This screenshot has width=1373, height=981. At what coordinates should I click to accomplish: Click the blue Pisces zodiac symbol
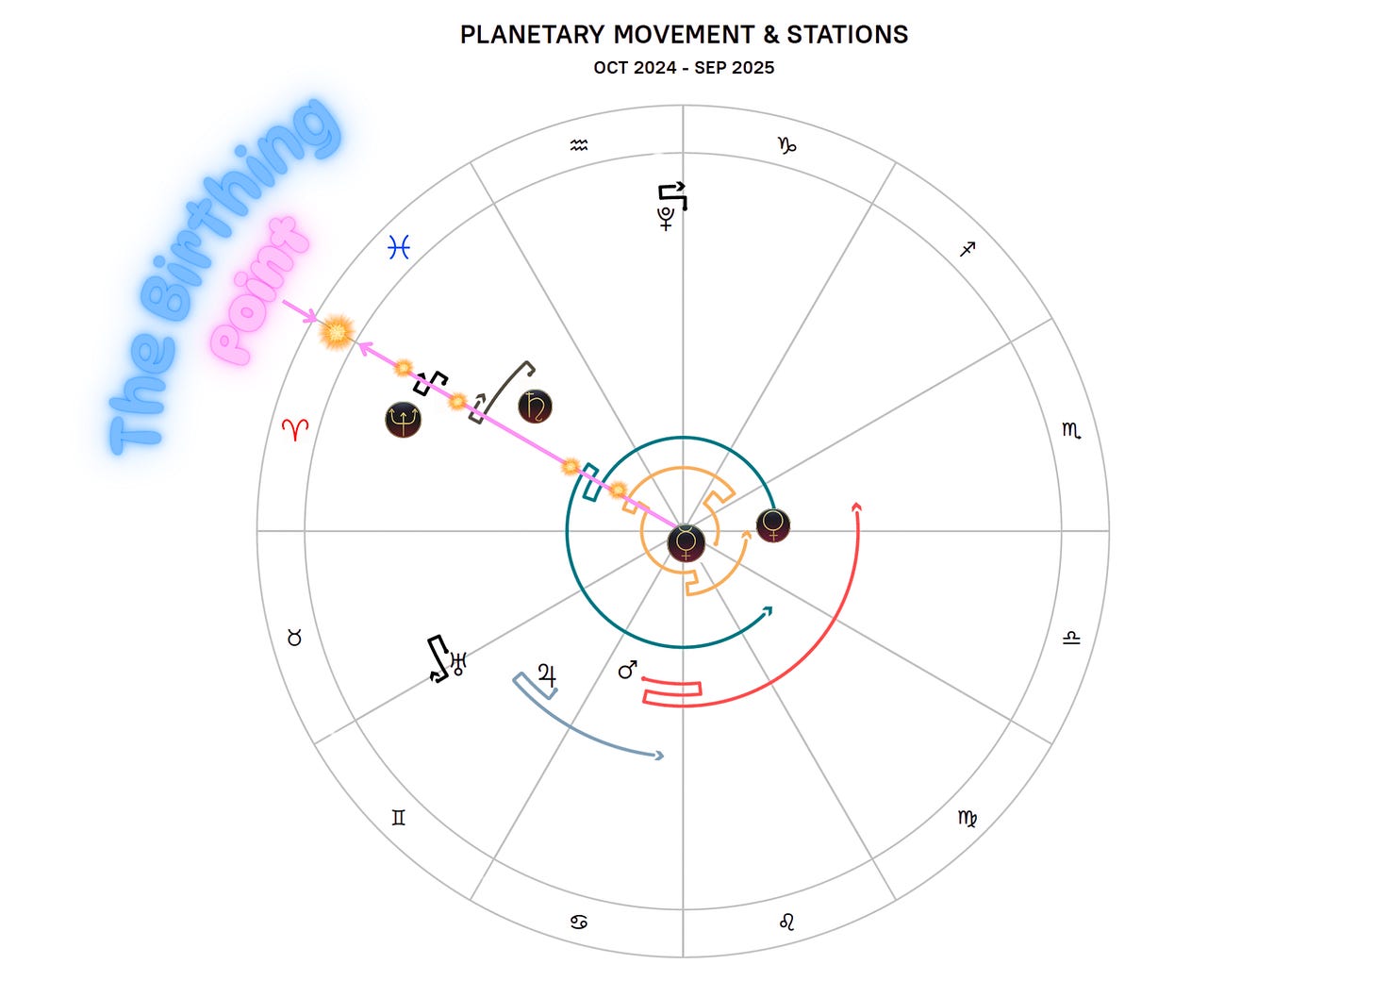(400, 247)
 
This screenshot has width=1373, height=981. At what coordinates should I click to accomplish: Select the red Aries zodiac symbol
(295, 429)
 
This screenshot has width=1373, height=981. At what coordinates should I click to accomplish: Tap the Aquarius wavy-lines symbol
(579, 145)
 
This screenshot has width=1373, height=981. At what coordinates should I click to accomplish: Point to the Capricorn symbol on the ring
(786, 145)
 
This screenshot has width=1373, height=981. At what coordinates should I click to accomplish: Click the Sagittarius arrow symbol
(968, 249)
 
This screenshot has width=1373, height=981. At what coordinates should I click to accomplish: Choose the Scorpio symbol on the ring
(1071, 430)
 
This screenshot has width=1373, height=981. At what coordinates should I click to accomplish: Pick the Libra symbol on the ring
(1071, 639)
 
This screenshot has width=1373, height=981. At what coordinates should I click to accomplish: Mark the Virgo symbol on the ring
(968, 818)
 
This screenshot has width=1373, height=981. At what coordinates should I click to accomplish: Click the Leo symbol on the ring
(787, 922)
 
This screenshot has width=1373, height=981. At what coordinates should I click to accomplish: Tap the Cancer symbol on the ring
(579, 922)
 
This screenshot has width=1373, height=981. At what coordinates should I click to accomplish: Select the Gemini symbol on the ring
(399, 818)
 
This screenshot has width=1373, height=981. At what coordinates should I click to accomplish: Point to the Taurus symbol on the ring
(294, 639)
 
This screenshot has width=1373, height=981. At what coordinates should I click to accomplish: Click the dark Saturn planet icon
(536, 407)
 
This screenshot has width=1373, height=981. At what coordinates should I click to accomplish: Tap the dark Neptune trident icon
(403, 419)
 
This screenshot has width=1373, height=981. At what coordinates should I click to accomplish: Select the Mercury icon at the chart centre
(686, 543)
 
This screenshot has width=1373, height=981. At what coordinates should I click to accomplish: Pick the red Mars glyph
(628, 670)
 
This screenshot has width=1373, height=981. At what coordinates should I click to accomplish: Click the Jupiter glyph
(547, 675)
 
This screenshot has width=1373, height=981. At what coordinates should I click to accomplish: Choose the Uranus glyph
(459, 663)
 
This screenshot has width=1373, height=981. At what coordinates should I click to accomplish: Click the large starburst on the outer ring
(337, 332)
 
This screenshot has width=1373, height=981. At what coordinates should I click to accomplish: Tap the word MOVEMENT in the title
(684, 35)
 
